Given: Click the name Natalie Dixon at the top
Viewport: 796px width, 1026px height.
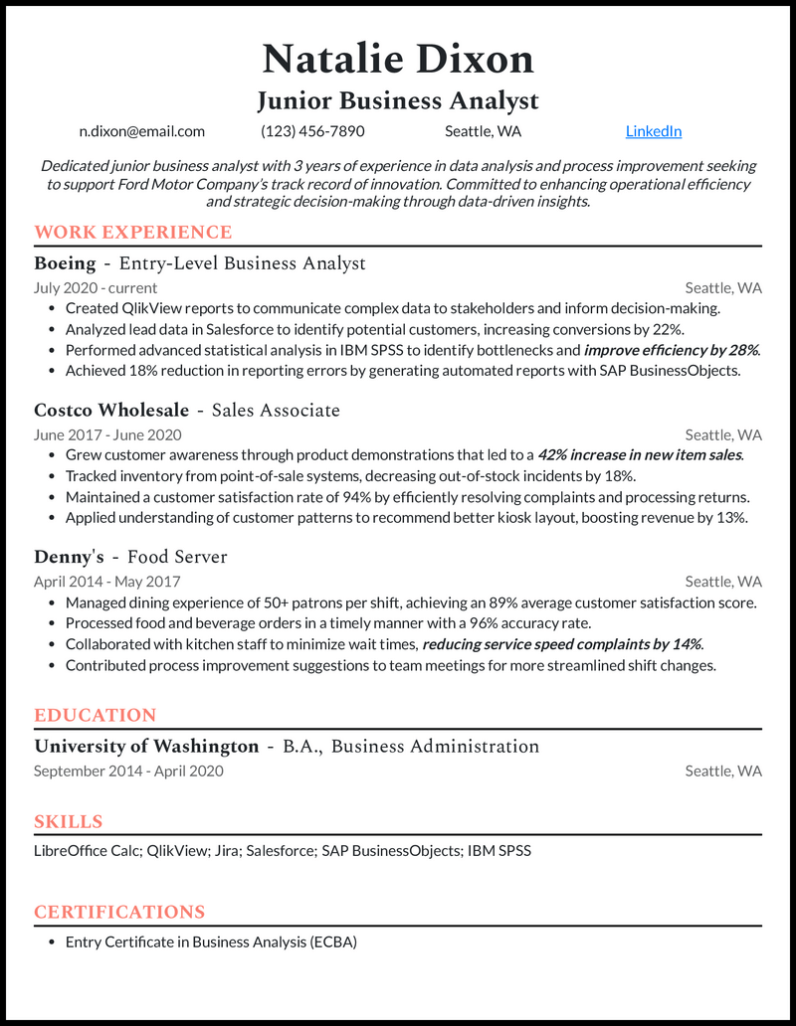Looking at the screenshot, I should tap(398, 60).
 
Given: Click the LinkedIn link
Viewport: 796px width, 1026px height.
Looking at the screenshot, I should tap(654, 131).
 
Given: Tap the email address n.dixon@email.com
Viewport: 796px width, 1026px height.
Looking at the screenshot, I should tap(142, 131).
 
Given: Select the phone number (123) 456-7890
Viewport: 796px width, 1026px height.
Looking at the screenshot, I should tap(312, 131).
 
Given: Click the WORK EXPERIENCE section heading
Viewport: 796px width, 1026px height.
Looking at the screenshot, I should tap(132, 233).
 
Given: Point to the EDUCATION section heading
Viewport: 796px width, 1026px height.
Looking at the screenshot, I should tap(96, 716).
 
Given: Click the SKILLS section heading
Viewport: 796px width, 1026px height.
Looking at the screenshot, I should tap(69, 822).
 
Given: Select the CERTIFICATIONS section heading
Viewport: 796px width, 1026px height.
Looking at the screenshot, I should tap(119, 913).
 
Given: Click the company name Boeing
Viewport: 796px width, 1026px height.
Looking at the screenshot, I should tap(65, 263).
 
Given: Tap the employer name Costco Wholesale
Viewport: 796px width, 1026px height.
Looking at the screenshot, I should tap(111, 411).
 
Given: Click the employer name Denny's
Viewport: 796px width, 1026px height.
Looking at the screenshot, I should tap(69, 558).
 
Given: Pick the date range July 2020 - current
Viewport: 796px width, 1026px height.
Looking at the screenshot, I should tap(96, 288).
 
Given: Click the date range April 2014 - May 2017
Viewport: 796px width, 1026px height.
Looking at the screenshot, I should tap(107, 582).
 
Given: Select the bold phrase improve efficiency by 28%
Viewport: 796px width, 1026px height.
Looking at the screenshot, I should tap(672, 350).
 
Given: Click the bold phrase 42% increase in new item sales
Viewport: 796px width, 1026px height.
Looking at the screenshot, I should tap(641, 455).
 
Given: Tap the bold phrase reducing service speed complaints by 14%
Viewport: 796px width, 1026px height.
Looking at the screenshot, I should tap(562, 644).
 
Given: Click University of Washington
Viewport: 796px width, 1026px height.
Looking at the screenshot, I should tap(146, 747).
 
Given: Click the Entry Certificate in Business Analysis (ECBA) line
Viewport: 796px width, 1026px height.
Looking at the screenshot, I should tap(211, 941).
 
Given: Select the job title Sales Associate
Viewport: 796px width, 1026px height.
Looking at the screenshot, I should tap(276, 411).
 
